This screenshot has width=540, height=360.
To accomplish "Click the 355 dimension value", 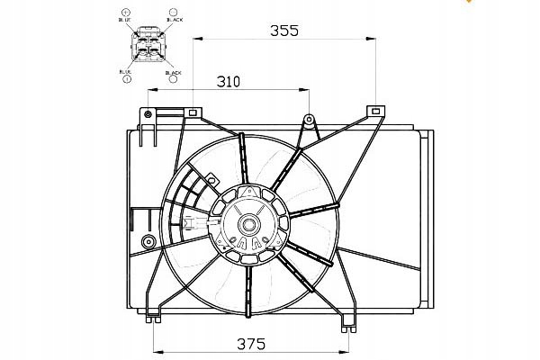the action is coord(284,30).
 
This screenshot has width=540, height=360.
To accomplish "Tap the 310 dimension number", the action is coord(228,82).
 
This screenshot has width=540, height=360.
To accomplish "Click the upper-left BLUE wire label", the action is coord(124,18).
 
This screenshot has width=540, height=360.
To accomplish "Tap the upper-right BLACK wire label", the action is coord(174,18).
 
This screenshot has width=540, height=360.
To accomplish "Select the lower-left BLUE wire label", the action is coord(125,71).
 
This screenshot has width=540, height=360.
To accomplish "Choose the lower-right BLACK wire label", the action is coord(173,71).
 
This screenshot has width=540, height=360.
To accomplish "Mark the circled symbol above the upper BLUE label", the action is coord(124,9).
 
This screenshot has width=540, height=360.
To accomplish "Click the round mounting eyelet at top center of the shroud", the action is coord(309,119).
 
